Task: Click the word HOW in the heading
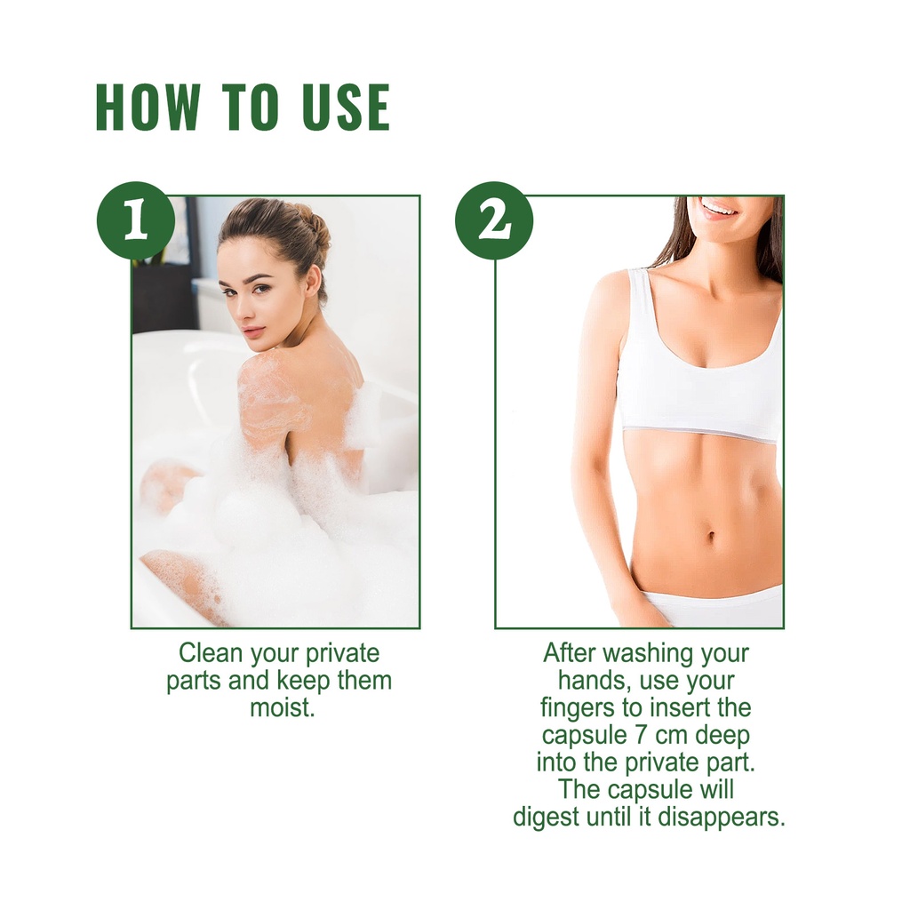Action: coord(148,107)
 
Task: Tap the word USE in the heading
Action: coord(346,107)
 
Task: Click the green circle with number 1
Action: coord(136,220)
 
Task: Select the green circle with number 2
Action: coord(494,220)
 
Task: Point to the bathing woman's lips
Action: coord(254,332)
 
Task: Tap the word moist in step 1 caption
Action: coord(282,708)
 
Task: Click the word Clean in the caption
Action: coord(210,653)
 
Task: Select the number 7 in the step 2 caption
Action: coord(641,735)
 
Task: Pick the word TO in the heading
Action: coord(251,107)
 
